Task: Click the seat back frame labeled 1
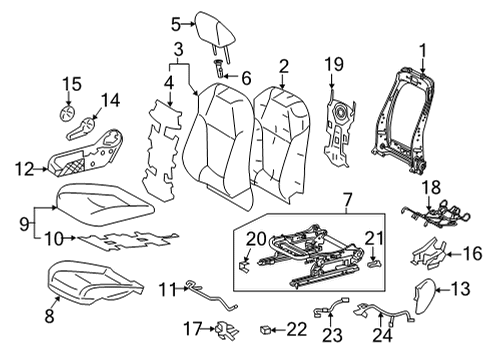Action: [x=408, y=110]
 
